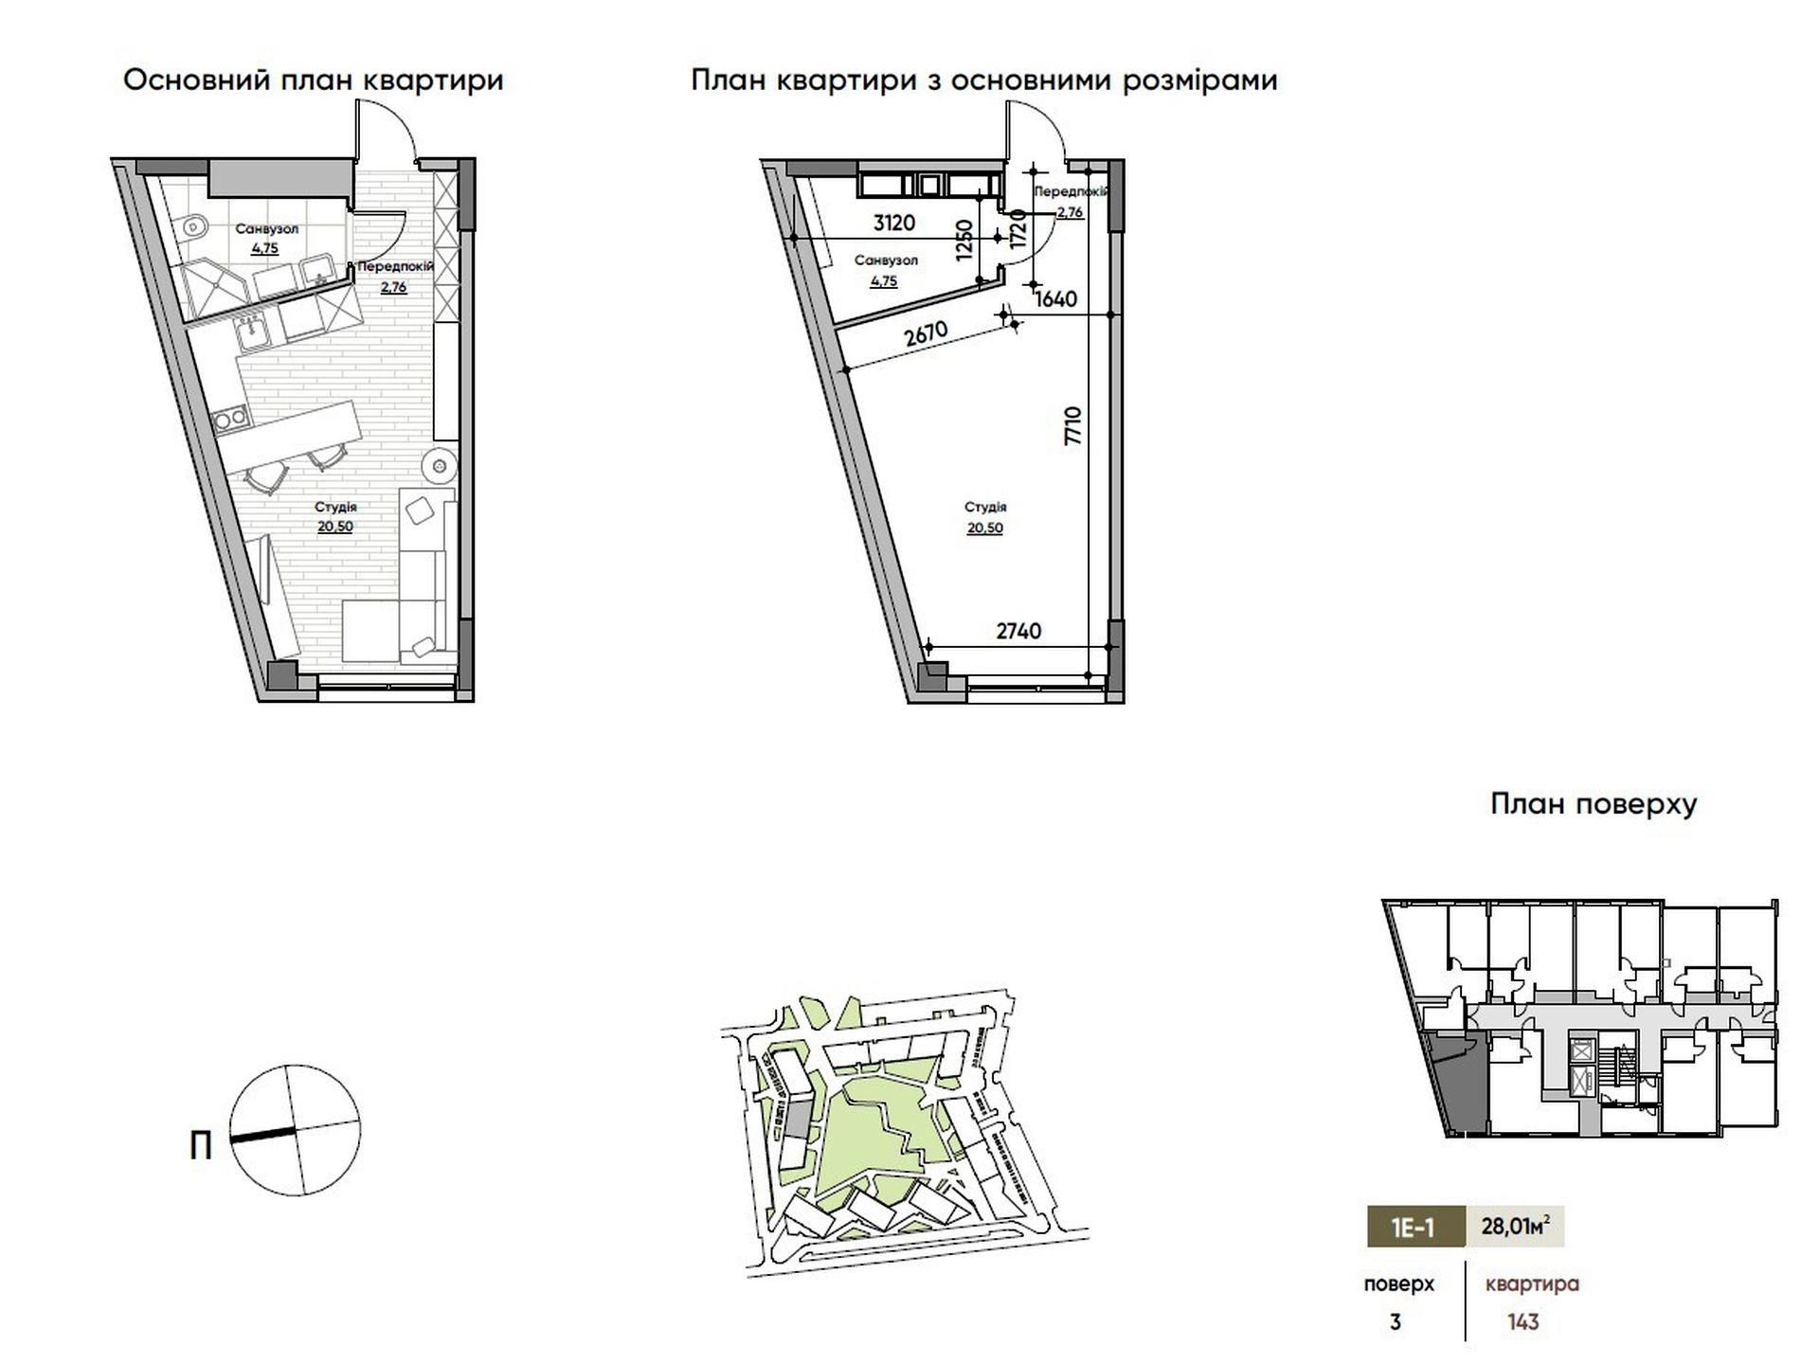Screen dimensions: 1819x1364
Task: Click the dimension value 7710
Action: pos(1072,426)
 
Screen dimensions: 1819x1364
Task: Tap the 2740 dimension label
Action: pos(1018,631)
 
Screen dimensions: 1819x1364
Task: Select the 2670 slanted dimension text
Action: pos(926,334)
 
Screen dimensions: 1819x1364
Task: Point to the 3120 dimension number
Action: pos(893,223)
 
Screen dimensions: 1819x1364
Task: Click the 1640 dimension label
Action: pos(1056,299)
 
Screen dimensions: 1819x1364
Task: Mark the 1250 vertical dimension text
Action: pos(965,241)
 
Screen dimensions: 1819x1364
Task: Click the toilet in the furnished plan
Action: pos(194,225)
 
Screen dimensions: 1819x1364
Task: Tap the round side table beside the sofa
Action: pos(439,465)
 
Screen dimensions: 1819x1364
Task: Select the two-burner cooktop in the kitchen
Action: pos(229,417)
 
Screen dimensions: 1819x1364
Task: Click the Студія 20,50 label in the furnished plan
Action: pos(335,517)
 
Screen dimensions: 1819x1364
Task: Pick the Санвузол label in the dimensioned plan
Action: pos(885,260)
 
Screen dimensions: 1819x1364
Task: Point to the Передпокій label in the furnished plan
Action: pos(395,266)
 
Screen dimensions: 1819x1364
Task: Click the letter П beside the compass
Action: pos(201,1147)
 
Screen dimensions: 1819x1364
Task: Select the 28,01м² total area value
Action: pos(1515,1227)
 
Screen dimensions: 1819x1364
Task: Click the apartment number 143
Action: pos(1523,1322)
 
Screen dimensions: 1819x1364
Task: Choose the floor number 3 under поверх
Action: pos(1396,1322)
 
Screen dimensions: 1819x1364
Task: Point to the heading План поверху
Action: pos(1594,805)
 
